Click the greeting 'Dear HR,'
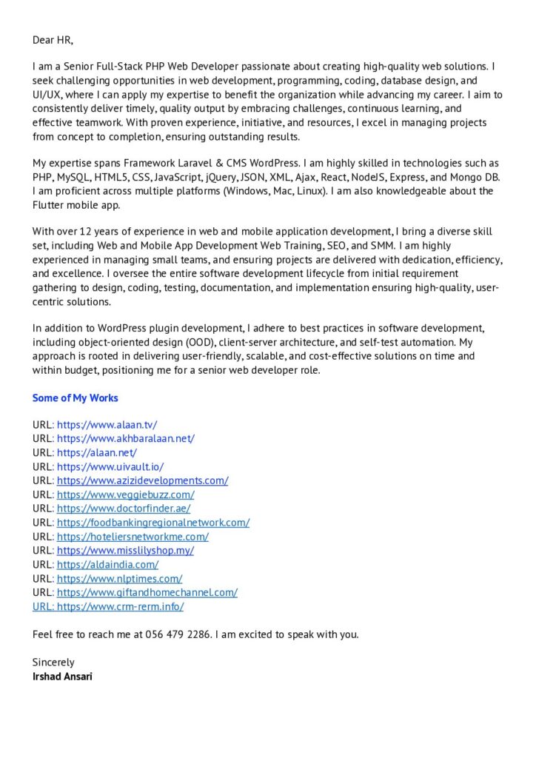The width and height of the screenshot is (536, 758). tap(53, 39)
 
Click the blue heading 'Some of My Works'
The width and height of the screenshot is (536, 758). tap(75, 398)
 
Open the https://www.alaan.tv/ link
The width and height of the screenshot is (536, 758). tap(107, 425)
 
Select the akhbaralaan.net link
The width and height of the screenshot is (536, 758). tap(125, 438)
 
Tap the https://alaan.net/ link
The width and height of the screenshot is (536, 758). tap(97, 452)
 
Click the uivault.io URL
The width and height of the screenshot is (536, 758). tap(110, 466)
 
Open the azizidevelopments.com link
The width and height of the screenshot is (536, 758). tap(142, 480)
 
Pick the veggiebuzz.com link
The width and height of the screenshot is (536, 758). tap(125, 494)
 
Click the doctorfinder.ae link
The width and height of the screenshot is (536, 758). tap(124, 509)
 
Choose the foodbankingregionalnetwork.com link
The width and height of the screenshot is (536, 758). tap(153, 523)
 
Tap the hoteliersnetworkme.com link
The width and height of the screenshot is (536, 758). tap(133, 537)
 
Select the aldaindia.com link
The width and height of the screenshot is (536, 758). tap(107, 565)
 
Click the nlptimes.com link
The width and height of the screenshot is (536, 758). tap(119, 579)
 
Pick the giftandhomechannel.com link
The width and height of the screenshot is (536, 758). tap(147, 592)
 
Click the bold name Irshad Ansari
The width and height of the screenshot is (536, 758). tap(62, 677)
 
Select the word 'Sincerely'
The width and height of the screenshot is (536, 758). tap(53, 663)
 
